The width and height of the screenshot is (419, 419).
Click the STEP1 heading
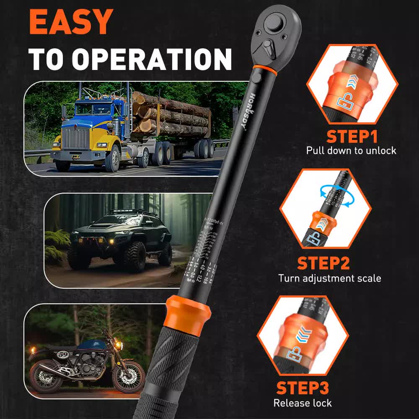coord(352,137)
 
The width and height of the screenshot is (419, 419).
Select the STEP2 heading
coord(323,263)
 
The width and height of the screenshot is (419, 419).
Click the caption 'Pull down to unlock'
coord(351,150)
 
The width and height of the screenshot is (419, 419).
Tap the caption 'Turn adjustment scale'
coord(330,278)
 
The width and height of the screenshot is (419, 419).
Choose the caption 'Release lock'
coord(303,403)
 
